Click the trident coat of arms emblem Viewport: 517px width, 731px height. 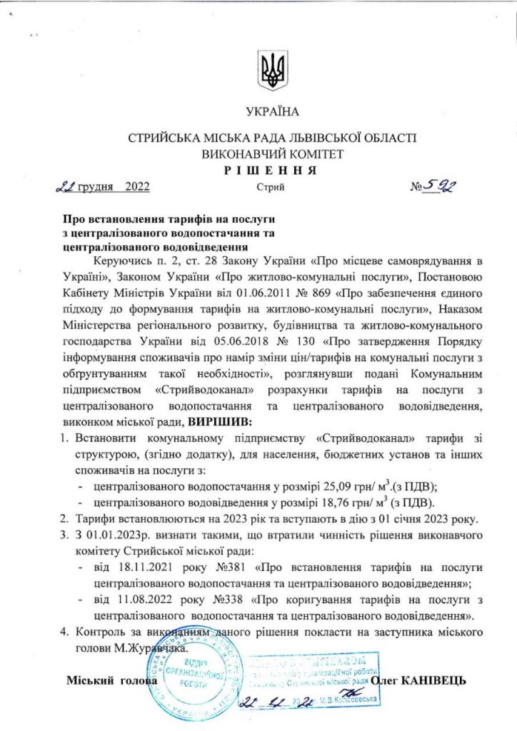pyautogui.click(x=272, y=69)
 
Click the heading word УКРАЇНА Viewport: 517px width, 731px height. pyautogui.click(x=272, y=111)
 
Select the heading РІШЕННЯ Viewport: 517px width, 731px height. pyautogui.click(x=272, y=170)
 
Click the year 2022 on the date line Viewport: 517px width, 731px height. pyautogui.click(x=136, y=188)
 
